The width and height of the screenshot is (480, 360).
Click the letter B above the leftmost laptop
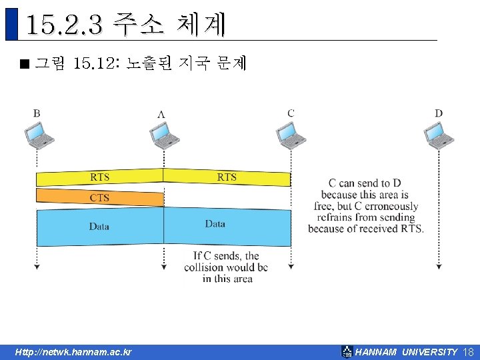[x=37, y=113]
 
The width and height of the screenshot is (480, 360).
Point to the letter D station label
[x=439, y=113]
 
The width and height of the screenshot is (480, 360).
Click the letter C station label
[x=291, y=113]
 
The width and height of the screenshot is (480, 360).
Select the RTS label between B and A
[x=100, y=177]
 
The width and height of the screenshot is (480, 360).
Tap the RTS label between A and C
[x=227, y=177]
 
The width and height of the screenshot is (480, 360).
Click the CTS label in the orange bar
[x=99, y=198]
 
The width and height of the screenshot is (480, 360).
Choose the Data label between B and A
[x=99, y=227]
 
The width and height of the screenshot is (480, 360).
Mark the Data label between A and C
[x=215, y=224]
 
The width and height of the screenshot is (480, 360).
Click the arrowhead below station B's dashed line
[x=37, y=267]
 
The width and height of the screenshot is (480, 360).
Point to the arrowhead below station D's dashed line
[x=439, y=267]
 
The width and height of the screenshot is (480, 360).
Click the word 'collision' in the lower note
[x=203, y=267]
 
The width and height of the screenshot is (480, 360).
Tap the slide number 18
[x=467, y=352]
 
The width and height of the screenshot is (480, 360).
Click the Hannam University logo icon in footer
[x=347, y=351]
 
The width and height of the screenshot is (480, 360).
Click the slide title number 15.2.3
[x=64, y=25]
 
